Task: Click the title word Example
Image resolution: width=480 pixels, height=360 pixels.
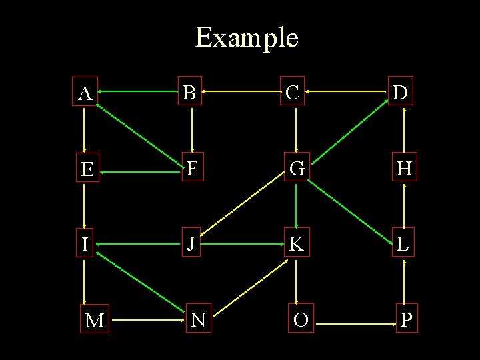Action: [246, 37]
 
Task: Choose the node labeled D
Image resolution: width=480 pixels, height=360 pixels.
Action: [401, 93]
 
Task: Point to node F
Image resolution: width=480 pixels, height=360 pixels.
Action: [192, 169]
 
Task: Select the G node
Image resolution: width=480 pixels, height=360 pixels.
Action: [297, 169]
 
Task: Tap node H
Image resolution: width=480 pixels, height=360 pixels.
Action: [403, 169]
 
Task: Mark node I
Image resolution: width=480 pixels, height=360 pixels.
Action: [85, 245]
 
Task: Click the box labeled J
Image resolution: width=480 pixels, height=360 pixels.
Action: [191, 244]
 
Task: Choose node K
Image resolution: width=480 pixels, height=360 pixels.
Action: [296, 245]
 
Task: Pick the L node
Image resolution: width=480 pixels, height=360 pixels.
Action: [403, 245]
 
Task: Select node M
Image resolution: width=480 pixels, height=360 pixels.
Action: [95, 321]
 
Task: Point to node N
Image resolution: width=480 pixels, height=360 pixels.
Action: [198, 320]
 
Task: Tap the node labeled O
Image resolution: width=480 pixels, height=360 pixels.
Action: [301, 321]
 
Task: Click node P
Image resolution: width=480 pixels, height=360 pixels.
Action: [406, 320]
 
